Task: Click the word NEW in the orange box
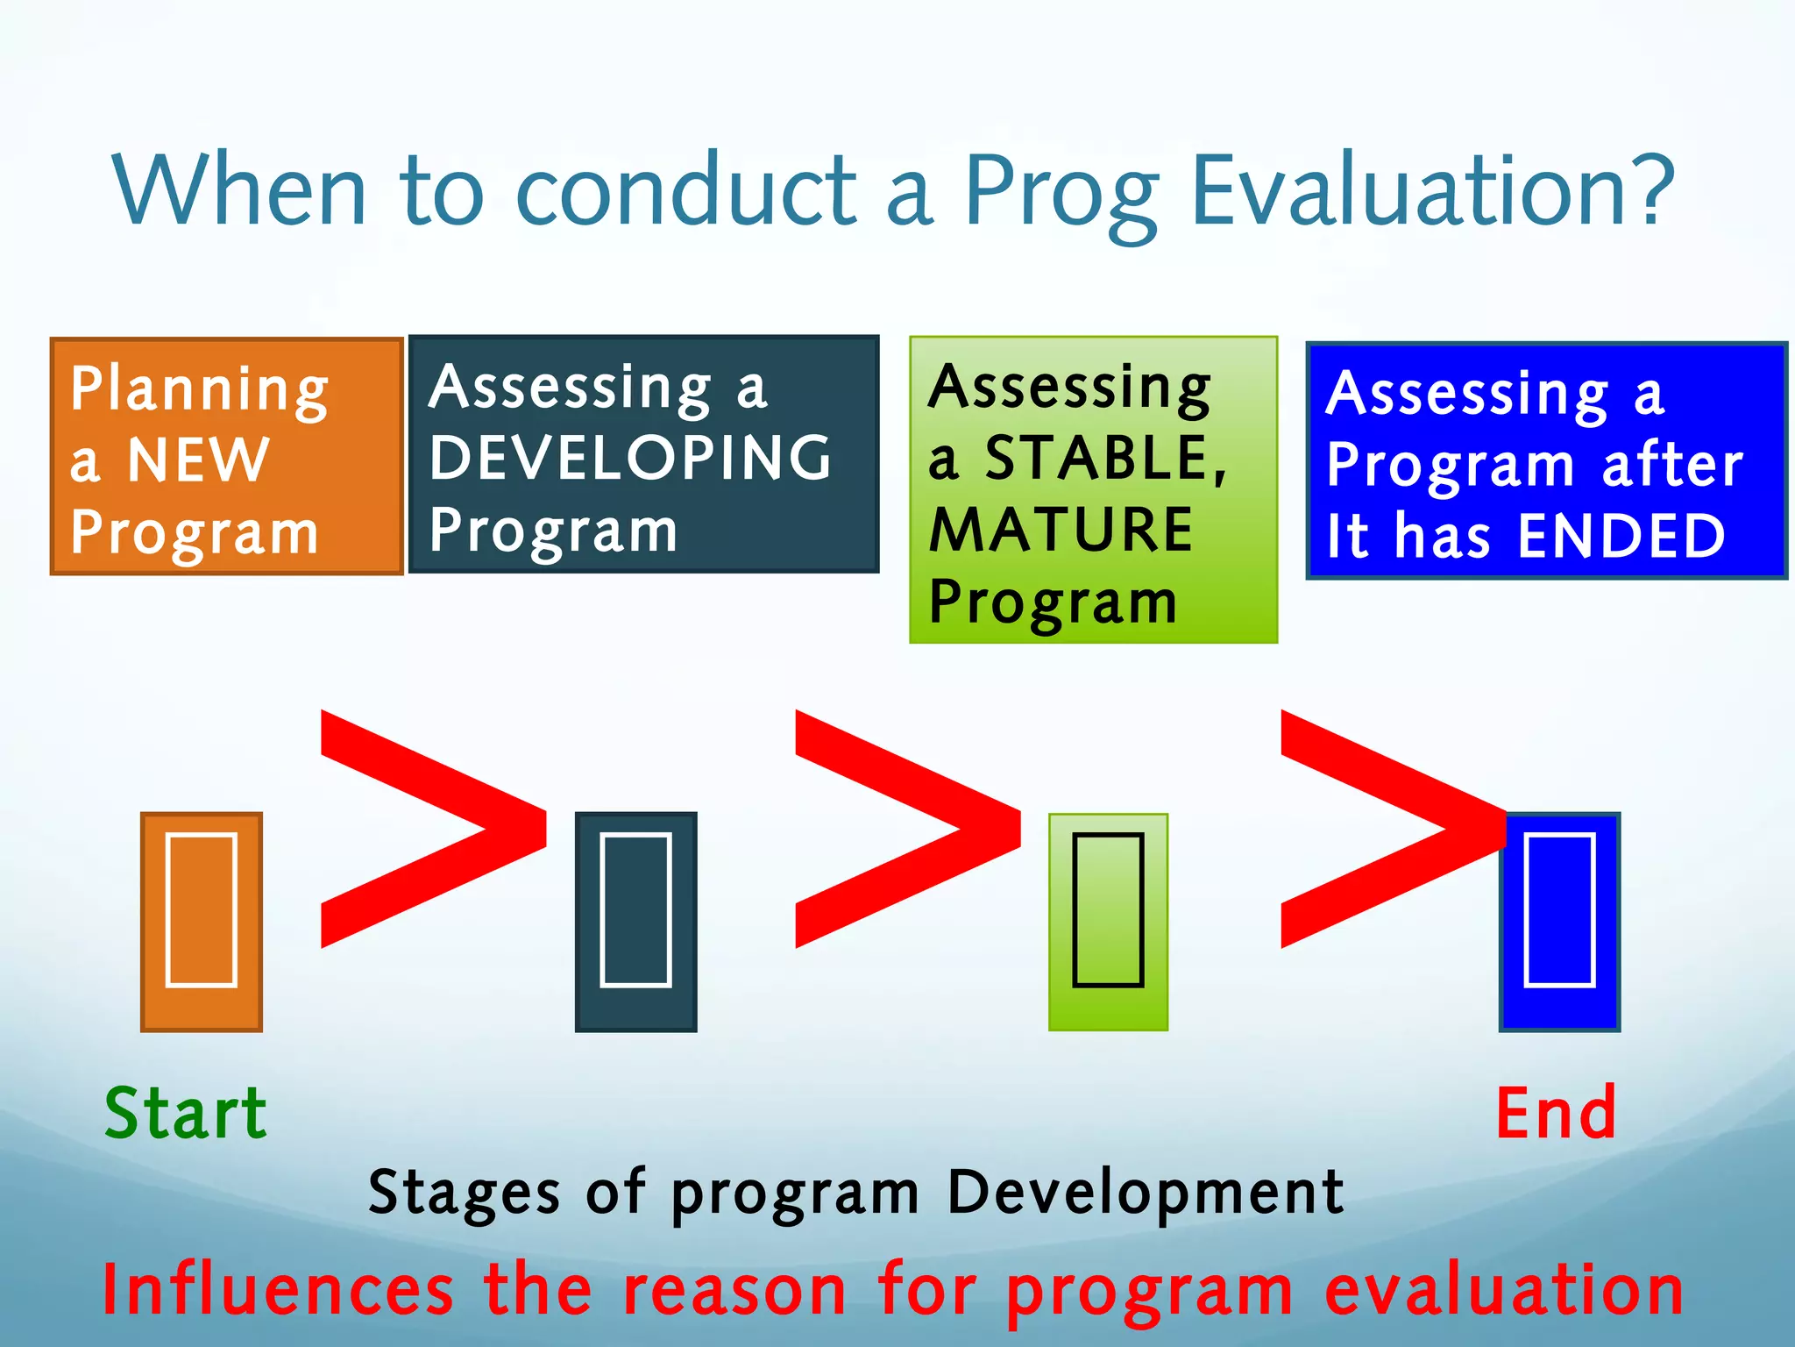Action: pos(198,460)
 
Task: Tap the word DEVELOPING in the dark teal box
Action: pos(630,458)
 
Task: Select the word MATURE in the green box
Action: pos(1061,530)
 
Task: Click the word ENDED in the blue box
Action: pos(1621,536)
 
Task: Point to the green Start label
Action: pos(186,1113)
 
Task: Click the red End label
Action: pos(1556,1113)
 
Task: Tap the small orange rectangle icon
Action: pos(202,921)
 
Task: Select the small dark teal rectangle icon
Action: pos(635,921)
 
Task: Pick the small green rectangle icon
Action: pos(1108,921)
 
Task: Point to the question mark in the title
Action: pos(1648,189)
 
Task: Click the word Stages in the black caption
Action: pos(464,1193)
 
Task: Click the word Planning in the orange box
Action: pos(200,389)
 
